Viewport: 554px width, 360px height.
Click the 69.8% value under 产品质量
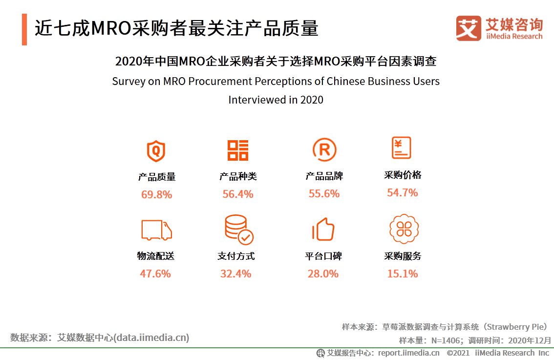click(157, 195)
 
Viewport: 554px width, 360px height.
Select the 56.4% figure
click(238, 194)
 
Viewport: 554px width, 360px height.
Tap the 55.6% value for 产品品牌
click(324, 194)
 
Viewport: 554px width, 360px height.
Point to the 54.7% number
click(403, 193)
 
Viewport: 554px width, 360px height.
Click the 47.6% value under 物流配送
click(155, 274)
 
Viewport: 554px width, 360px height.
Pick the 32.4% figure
click(235, 274)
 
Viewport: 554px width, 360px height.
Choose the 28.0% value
click(323, 274)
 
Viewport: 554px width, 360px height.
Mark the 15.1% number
click(403, 274)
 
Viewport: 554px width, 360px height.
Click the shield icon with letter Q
click(156, 150)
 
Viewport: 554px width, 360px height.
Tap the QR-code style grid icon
click(238, 150)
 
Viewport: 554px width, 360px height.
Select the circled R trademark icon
click(324, 150)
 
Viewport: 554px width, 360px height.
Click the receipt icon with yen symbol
click(401, 148)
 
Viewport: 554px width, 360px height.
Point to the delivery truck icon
click(156, 230)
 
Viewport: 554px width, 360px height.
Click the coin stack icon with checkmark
click(238, 230)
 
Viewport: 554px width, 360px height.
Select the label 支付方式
click(236, 256)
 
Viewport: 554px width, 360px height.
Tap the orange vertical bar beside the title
click(24, 29)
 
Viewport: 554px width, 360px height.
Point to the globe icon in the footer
click(320, 353)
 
